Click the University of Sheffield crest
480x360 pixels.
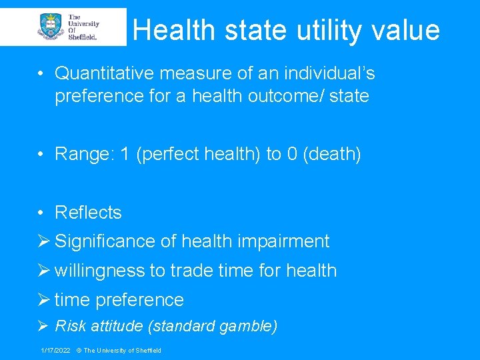coord(51,27)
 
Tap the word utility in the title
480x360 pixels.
coord(323,31)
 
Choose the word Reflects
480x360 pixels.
coord(88,213)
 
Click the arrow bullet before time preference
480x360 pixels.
coord(45,300)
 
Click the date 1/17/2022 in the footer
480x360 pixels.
coord(55,351)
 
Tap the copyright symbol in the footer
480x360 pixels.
coord(78,351)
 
